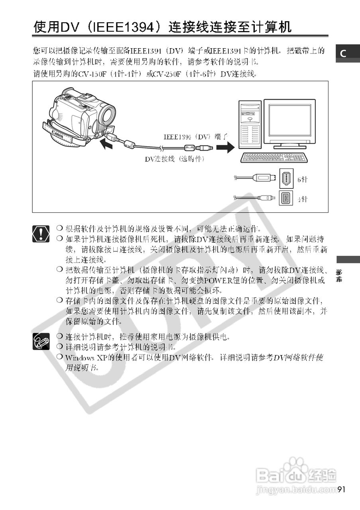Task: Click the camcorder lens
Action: coord(107,115)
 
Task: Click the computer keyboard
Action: coord(275,158)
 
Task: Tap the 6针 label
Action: coord(303,180)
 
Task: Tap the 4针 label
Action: coord(303,199)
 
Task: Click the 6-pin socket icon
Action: coord(286,178)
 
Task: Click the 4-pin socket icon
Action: coord(286,198)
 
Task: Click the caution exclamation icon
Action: coord(41,233)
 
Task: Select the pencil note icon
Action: coord(41,341)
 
